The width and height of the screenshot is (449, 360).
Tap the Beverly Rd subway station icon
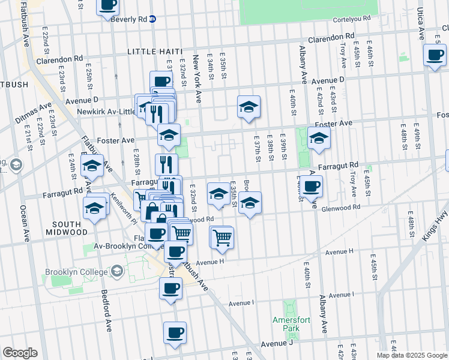click(152, 18)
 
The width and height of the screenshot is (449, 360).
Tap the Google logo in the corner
click(20, 353)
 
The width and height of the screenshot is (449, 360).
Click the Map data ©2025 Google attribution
click(412, 355)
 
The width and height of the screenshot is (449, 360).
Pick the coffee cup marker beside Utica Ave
click(434, 56)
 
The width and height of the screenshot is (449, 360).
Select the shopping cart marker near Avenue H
click(221, 237)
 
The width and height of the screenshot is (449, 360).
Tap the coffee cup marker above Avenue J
click(175, 332)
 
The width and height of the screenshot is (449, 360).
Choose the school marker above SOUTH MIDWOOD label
click(94, 208)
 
